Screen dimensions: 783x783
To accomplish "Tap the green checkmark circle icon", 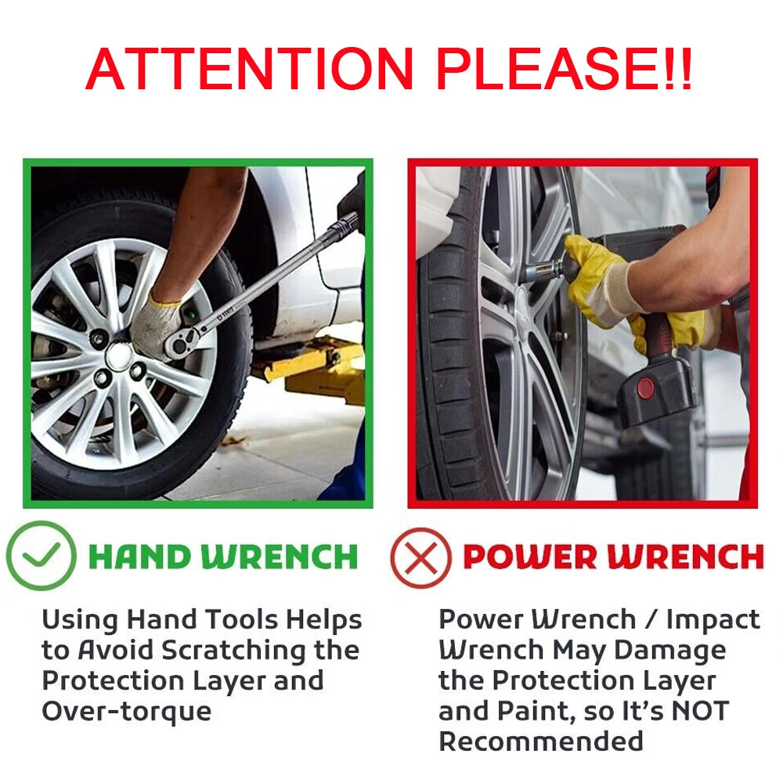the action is (41, 555).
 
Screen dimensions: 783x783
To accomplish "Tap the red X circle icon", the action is (420, 557).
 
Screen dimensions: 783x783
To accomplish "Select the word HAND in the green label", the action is (141, 556).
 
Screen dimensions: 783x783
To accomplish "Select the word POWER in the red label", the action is (530, 556).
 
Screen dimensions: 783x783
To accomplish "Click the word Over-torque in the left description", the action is (127, 712).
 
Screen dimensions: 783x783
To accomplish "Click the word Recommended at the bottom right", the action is (541, 741).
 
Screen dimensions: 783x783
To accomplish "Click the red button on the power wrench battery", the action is (645, 388).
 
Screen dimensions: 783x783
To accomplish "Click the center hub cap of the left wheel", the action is (119, 355).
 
